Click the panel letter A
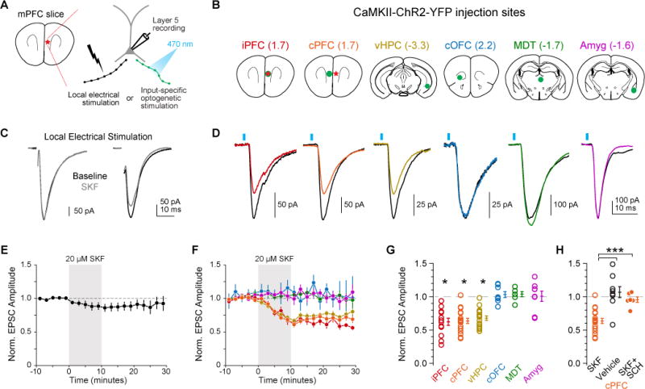pyautogui.click(x=6, y=7)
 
